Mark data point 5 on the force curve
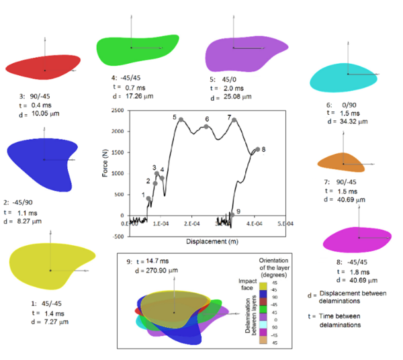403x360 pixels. (181, 120)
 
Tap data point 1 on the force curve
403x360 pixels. (148, 198)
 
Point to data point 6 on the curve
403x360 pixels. (206, 126)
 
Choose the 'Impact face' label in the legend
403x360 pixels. (245, 281)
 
